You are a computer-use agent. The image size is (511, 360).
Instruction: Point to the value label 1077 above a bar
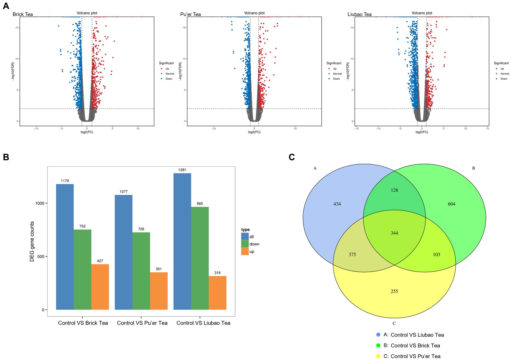click(x=124, y=192)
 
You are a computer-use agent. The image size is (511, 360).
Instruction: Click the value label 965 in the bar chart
click(x=200, y=204)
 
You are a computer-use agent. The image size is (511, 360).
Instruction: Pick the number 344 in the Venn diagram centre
click(x=394, y=233)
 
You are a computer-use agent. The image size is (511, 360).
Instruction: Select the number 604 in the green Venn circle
click(x=451, y=204)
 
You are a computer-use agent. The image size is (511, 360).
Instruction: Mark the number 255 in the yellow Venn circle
click(x=394, y=291)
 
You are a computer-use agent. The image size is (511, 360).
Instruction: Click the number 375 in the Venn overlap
click(x=352, y=255)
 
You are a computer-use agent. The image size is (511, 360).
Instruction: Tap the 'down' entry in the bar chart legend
click(x=254, y=244)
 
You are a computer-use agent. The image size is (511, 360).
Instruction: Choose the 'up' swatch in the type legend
click(x=245, y=251)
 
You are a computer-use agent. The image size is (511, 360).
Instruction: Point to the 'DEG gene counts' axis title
click(x=32, y=241)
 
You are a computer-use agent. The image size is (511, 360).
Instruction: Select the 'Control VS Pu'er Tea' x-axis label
click(x=142, y=323)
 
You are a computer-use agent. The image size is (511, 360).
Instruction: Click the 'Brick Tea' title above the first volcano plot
click(x=23, y=14)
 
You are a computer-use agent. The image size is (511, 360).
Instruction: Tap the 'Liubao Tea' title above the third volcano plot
click(x=359, y=14)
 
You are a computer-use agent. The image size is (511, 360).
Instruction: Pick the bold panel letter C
click(x=292, y=157)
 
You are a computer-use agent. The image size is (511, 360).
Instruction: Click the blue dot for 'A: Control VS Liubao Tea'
click(x=378, y=335)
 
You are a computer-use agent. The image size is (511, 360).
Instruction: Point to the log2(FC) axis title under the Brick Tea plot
click(x=87, y=132)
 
